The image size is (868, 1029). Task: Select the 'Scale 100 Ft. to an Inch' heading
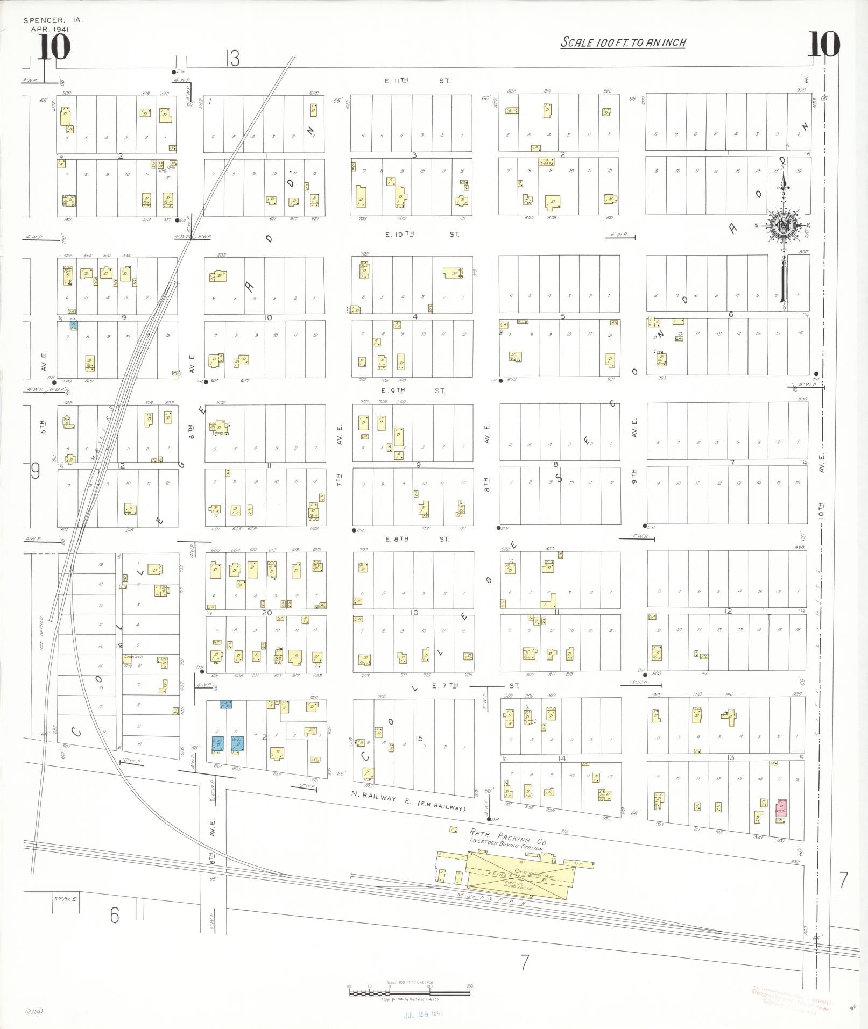point(623,42)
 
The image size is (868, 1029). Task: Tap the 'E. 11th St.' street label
point(417,81)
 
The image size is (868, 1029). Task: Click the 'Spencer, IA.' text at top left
point(52,20)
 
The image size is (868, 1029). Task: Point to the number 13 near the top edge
point(232,58)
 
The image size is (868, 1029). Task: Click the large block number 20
point(267,612)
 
